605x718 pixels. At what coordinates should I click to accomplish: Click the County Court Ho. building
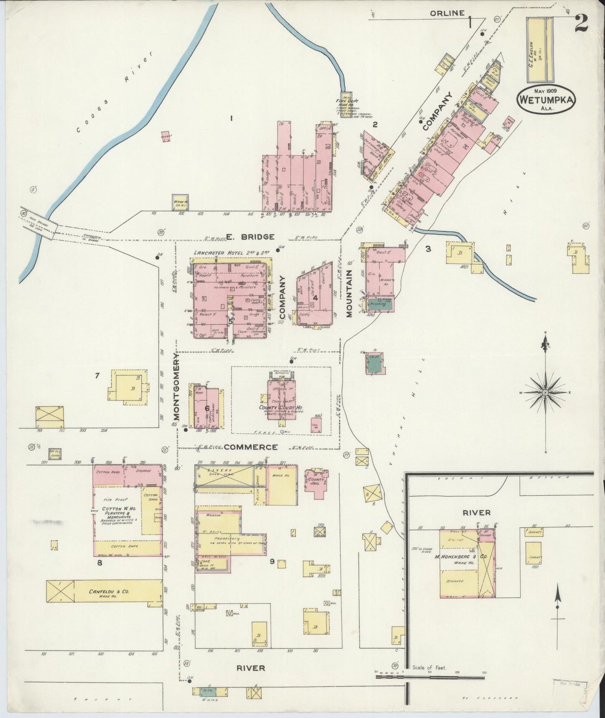281,396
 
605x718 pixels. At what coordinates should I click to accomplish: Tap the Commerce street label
250,447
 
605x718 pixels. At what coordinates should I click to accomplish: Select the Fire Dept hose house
346,104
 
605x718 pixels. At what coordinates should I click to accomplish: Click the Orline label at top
447,13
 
